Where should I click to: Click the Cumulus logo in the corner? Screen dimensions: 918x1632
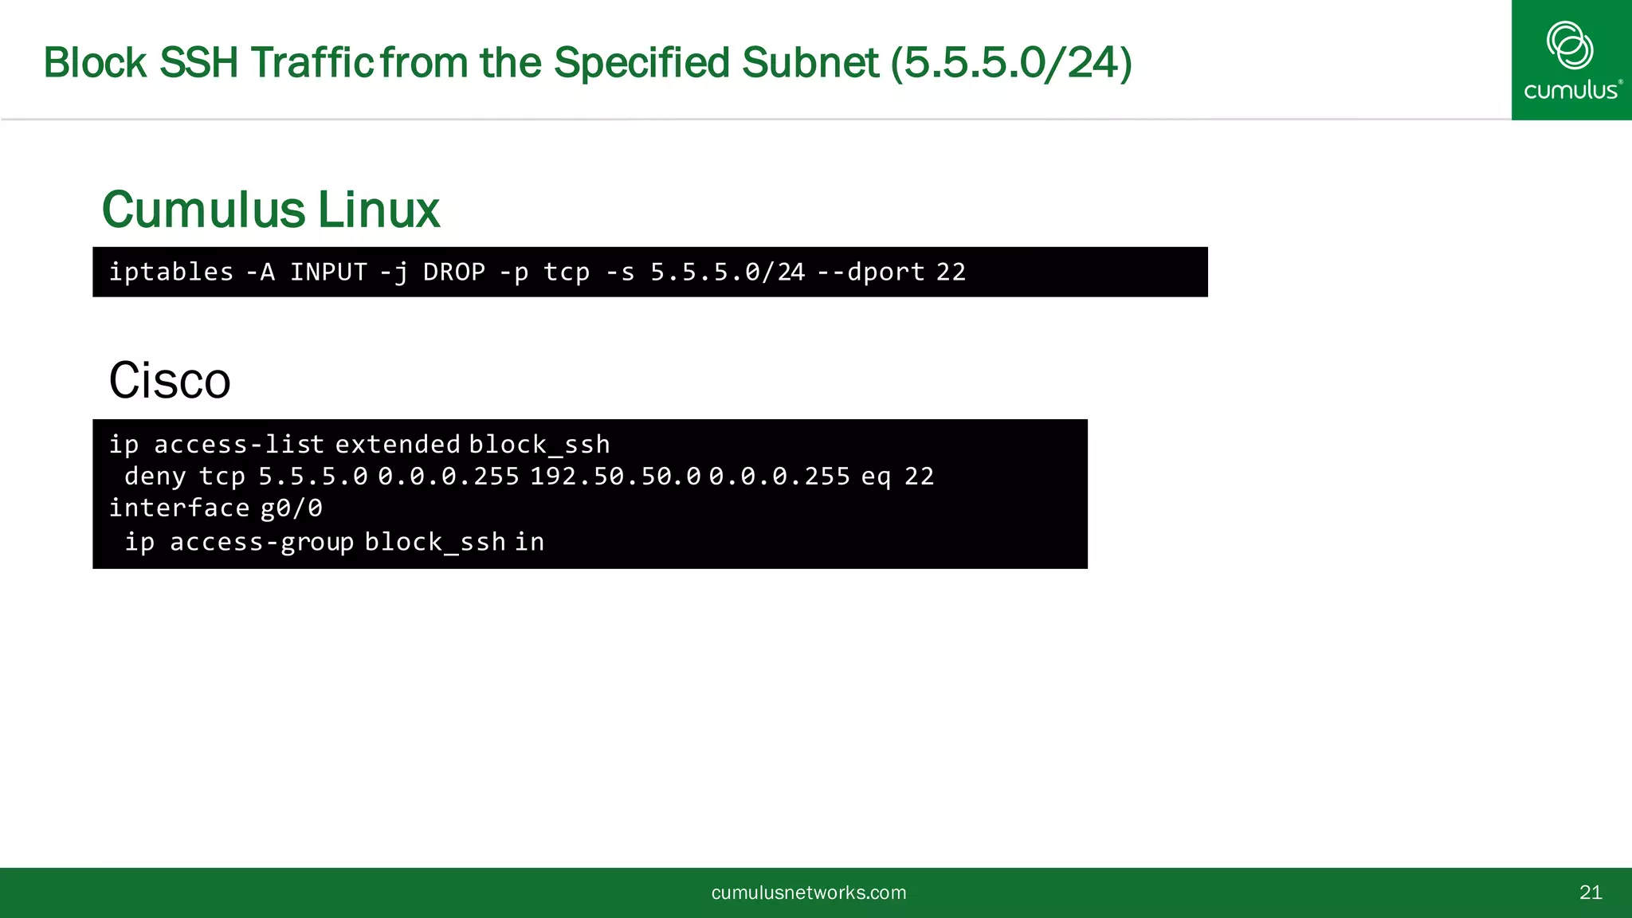pyautogui.click(x=1571, y=60)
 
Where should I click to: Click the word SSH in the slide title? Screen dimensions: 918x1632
pyautogui.click(x=199, y=63)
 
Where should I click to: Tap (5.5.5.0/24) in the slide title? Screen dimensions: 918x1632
pyautogui.click(x=1010, y=63)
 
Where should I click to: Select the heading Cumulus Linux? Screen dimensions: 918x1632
pyautogui.click(x=271, y=210)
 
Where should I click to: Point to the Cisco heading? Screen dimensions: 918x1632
pyautogui.click(x=170, y=380)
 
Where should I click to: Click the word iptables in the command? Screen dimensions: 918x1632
pyautogui.click(x=171, y=272)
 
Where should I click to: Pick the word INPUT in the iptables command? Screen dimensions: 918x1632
pyautogui.click(x=328, y=272)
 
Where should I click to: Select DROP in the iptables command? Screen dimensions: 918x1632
pyautogui.click(x=454, y=272)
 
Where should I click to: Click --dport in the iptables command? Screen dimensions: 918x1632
pyautogui.click(x=871, y=272)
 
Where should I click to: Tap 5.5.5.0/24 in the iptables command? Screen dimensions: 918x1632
pyautogui.click(x=728, y=272)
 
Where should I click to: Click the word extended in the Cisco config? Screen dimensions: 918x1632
pyautogui.click(x=398, y=444)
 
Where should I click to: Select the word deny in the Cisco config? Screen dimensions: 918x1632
pyautogui.click(x=155, y=477)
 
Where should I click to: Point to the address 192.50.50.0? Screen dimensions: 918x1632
pyautogui.click(x=615, y=477)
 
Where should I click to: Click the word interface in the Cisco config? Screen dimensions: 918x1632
pyautogui.click(x=179, y=508)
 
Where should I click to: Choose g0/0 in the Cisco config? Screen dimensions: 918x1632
pyautogui.click(x=292, y=508)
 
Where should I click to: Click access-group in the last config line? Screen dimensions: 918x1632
pyautogui.click(x=261, y=542)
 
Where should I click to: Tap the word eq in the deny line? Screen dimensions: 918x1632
pyautogui.click(x=876, y=477)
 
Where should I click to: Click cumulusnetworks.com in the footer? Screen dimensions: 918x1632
pyautogui.click(x=809, y=892)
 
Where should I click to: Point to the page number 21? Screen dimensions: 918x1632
pyautogui.click(x=1591, y=892)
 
